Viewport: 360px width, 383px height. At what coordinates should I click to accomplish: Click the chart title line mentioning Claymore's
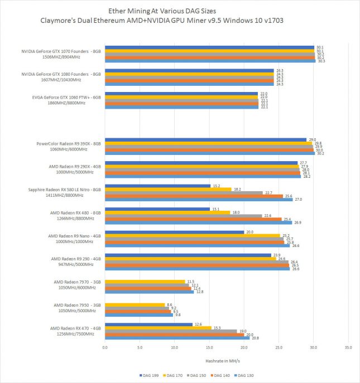[180, 21]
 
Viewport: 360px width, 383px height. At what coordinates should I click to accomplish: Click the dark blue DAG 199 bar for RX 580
[158, 186]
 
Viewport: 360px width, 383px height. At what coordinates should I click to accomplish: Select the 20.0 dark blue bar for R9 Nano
[174, 232]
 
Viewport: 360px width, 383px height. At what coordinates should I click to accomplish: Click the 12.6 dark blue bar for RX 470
[148, 324]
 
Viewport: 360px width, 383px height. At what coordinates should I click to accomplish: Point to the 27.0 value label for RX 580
[298, 199]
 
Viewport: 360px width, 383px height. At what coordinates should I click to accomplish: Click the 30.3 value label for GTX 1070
[321, 61]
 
